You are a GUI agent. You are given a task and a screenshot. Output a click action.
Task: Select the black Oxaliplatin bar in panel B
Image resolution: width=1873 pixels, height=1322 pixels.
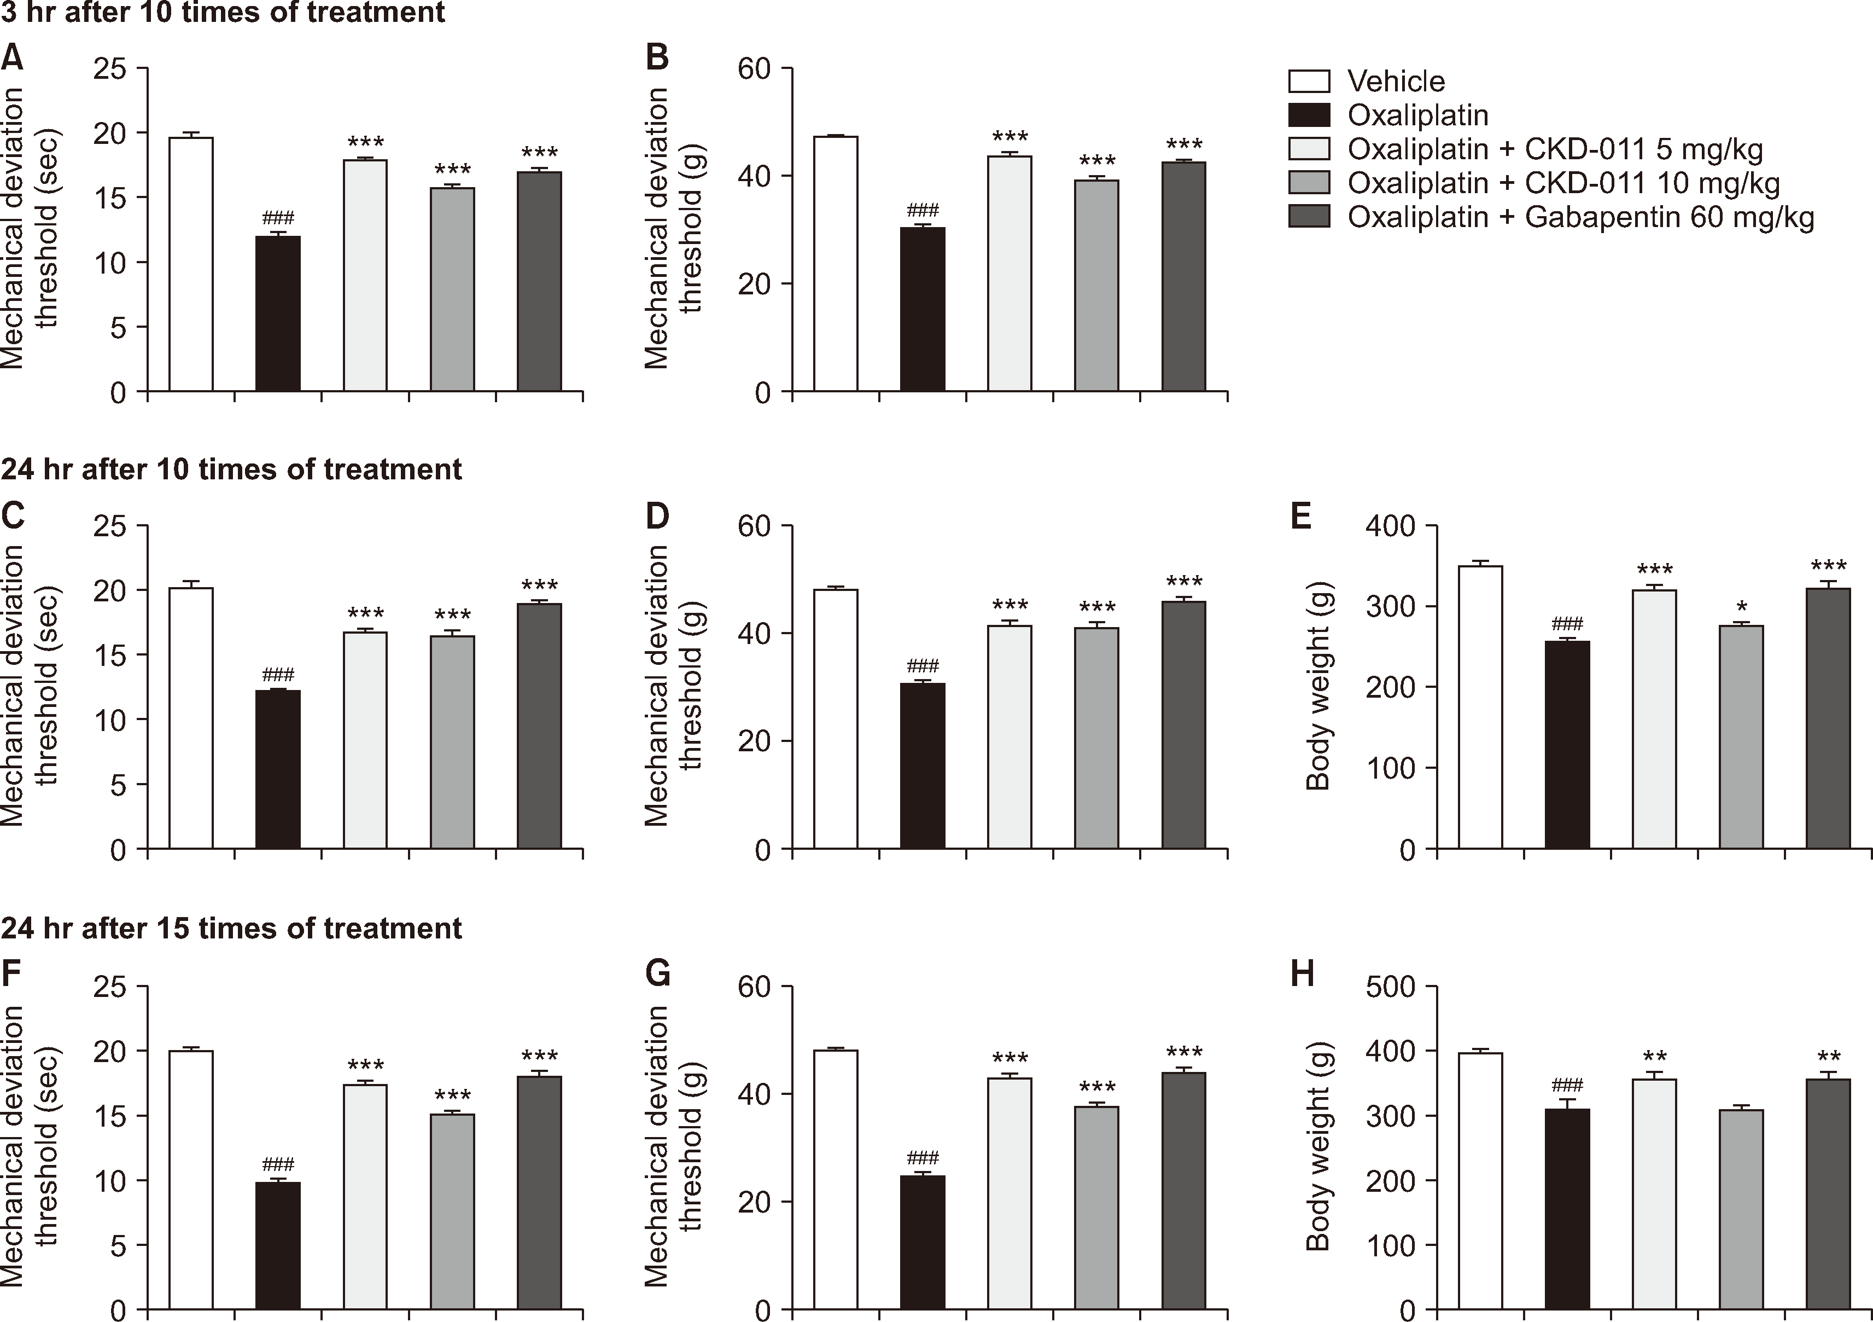click(923, 310)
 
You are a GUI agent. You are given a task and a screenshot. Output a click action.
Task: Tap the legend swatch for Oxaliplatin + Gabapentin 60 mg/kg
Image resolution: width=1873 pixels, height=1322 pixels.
click(1309, 217)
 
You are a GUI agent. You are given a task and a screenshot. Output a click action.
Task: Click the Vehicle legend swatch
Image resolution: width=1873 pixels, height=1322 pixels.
click(1309, 82)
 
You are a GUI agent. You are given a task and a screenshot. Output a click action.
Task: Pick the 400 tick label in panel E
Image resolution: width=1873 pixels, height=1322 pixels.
click(1390, 526)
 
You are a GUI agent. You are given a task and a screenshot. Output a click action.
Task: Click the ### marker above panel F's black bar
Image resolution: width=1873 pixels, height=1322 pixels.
click(278, 1164)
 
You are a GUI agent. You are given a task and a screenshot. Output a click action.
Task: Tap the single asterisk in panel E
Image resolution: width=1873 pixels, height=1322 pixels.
click(1742, 608)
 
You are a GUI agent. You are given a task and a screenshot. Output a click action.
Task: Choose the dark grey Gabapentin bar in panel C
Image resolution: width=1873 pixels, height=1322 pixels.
click(539, 726)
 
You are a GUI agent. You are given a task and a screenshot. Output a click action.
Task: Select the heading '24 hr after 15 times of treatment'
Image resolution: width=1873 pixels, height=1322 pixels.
click(232, 928)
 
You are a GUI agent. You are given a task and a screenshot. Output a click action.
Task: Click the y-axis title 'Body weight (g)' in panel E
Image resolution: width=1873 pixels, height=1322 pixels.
click(1317, 686)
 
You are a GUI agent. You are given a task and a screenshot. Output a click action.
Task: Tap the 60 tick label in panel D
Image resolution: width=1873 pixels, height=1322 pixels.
click(754, 526)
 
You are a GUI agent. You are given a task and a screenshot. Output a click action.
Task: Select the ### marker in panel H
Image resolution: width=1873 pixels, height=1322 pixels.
click(1567, 1086)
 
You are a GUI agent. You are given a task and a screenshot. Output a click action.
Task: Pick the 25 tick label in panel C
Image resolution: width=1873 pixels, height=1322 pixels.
click(110, 526)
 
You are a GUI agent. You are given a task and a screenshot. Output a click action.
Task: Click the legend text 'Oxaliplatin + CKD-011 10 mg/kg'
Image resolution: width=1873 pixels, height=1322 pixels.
click(1563, 184)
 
